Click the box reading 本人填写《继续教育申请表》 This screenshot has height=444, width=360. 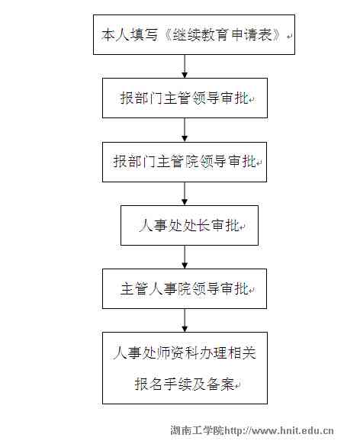194,34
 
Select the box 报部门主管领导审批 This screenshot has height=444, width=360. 185,98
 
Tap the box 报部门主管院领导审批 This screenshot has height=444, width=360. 185,162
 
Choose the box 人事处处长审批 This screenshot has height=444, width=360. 189,225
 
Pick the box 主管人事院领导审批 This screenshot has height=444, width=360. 185,289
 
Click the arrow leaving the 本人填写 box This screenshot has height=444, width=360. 185,66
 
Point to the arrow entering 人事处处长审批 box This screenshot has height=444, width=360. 185,194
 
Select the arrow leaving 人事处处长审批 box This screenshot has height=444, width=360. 185,257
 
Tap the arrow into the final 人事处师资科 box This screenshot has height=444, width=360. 185,320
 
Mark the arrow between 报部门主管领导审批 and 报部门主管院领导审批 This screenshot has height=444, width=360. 185,130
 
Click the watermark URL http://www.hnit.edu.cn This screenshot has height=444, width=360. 279,431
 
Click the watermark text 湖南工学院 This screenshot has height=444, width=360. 197,431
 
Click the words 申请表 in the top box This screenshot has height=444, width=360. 252,35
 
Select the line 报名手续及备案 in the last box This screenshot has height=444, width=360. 185,384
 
